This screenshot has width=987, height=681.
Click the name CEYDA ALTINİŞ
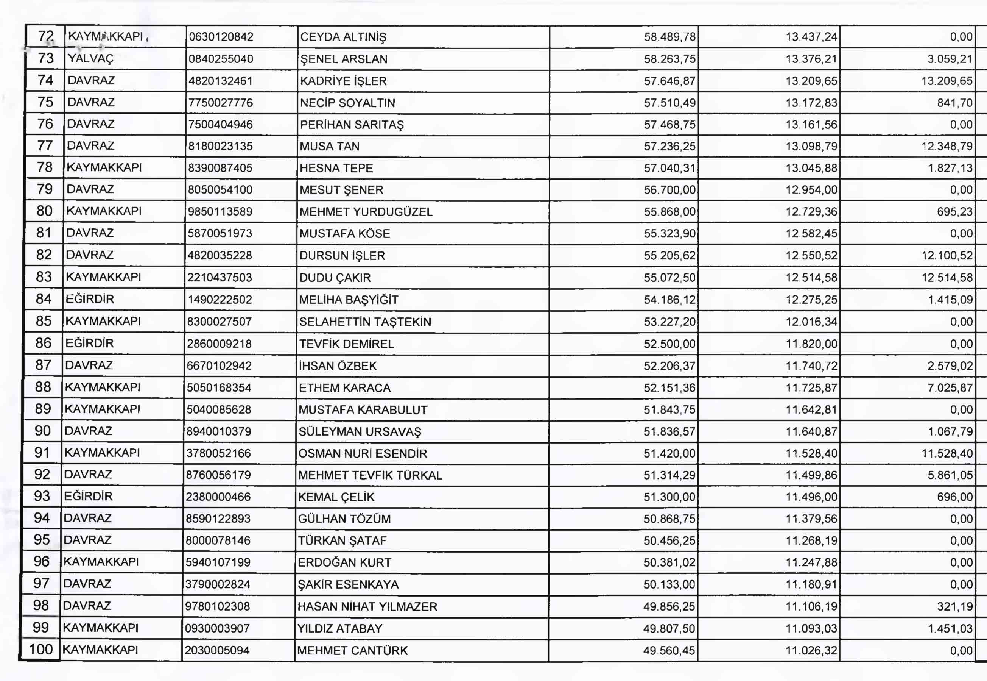click(x=343, y=37)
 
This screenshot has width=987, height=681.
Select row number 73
click(x=46, y=58)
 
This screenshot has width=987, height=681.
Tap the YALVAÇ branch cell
click(x=90, y=58)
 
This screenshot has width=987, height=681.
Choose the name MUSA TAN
click(x=329, y=146)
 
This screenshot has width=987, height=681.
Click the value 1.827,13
click(x=950, y=168)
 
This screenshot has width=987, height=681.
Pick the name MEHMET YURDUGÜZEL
click(x=366, y=212)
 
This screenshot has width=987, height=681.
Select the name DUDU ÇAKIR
click(x=335, y=278)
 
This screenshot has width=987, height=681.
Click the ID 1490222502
click(x=220, y=300)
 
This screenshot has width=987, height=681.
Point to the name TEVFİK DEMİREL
click(x=346, y=344)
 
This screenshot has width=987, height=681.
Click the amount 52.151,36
click(x=669, y=388)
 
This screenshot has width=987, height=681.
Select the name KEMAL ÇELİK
click(x=336, y=497)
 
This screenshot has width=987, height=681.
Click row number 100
click(x=40, y=650)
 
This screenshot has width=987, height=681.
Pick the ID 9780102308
click(x=218, y=606)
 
